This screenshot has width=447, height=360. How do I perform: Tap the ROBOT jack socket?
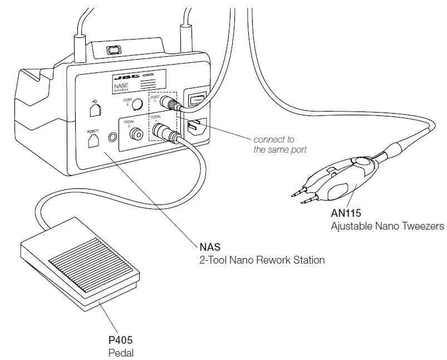coord(93,142)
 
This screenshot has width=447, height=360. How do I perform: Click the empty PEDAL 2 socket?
coord(135,132)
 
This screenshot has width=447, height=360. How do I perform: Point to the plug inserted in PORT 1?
coord(169,103)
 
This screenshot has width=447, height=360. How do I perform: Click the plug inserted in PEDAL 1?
coord(166,134)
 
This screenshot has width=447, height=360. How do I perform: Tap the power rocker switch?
coord(195,100)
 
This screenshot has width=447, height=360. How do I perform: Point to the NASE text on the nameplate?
coord(122,85)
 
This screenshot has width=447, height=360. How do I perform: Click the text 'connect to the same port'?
coord(280,144)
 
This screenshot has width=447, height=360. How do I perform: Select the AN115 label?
coord(346,215)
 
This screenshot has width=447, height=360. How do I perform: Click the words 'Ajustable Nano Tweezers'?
coord(387,226)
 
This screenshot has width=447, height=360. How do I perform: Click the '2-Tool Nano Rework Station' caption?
coord(262,260)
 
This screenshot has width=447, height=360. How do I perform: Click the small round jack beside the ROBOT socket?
coord(114,137)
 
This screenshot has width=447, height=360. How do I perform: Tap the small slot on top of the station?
coord(115,51)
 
